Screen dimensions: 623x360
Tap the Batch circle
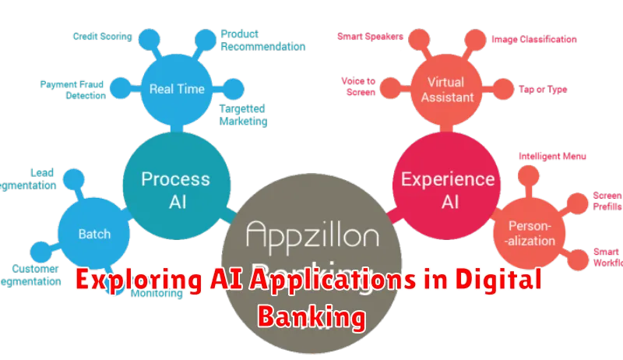point(94,233)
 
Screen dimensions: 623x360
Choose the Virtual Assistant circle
point(446,90)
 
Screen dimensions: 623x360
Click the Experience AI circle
point(437,189)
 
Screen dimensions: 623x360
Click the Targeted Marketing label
point(243,115)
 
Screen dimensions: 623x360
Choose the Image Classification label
point(534,38)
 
